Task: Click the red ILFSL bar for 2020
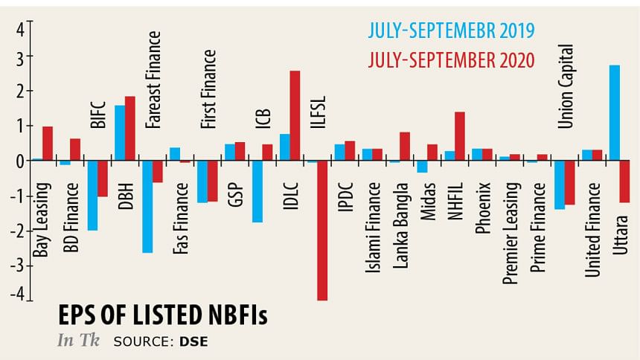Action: coord(322,230)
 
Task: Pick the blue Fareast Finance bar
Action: coord(147,206)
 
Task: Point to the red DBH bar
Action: coord(130,128)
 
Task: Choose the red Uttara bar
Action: coord(625,181)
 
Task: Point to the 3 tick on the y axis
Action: coord(22,56)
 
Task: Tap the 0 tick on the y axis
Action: coord(22,160)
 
